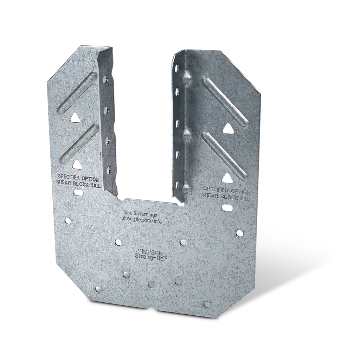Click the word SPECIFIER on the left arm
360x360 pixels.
click(x=67, y=177)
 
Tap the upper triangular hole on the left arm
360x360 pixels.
click(x=75, y=117)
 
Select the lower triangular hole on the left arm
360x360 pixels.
click(x=76, y=163)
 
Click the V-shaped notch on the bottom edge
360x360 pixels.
click(x=152, y=307)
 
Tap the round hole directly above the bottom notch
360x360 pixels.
click(x=151, y=284)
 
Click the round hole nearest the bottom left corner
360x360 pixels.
click(x=98, y=290)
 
